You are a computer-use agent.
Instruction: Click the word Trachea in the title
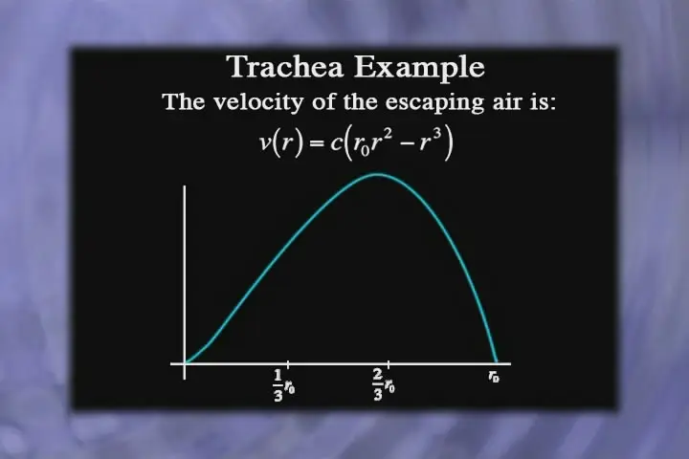(x=285, y=67)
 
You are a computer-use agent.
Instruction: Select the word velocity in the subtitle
(x=258, y=102)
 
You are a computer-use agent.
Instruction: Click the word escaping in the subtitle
(x=432, y=103)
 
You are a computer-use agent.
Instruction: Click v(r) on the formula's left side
(x=281, y=142)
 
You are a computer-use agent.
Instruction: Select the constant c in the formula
(x=336, y=143)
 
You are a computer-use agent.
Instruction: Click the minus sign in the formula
(x=408, y=144)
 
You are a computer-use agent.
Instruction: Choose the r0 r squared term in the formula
(x=372, y=142)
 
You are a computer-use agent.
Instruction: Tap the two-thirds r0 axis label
(x=384, y=384)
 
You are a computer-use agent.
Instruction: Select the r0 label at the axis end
(x=494, y=377)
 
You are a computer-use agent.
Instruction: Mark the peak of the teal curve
(x=378, y=174)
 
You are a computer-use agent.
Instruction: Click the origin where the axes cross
(x=185, y=363)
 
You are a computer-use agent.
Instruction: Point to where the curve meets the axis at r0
(x=497, y=362)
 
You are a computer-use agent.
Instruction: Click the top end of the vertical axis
(x=185, y=186)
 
